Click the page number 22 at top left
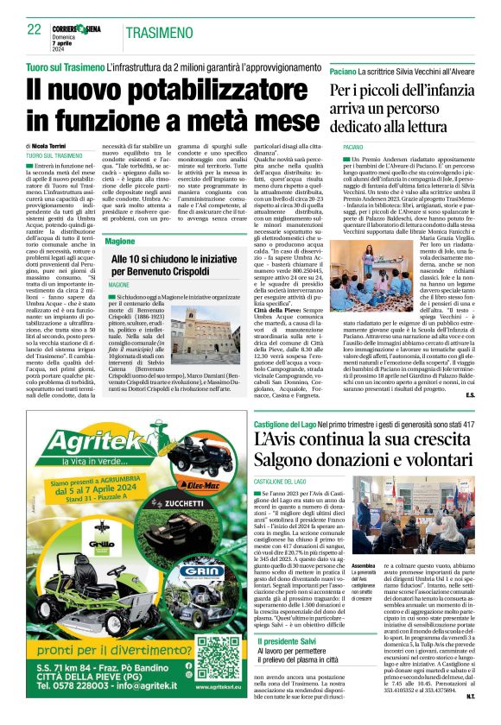click(x=34, y=29)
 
